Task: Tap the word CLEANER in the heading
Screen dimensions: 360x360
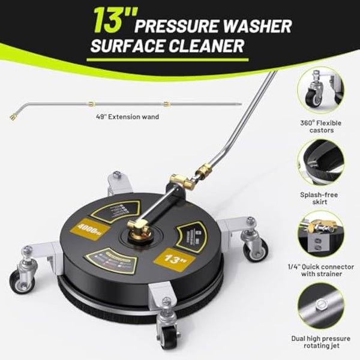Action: pyautogui.click(x=205, y=46)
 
